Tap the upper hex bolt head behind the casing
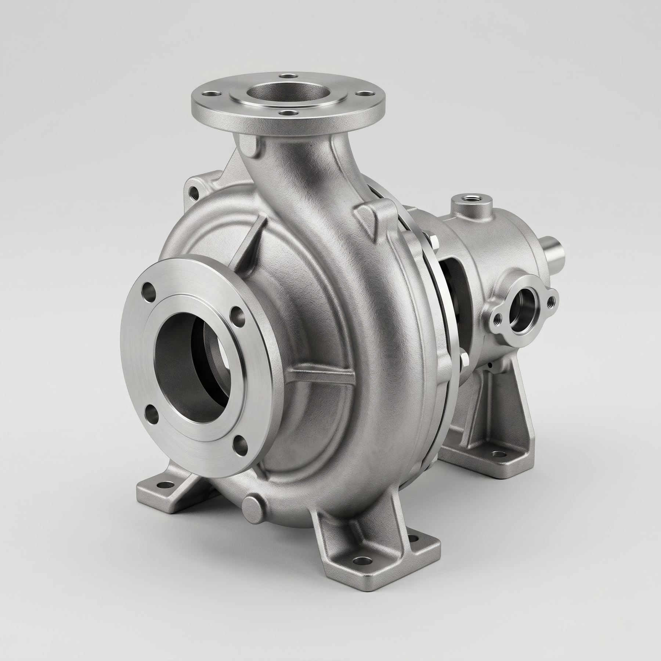pyautogui.click(x=432, y=242)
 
